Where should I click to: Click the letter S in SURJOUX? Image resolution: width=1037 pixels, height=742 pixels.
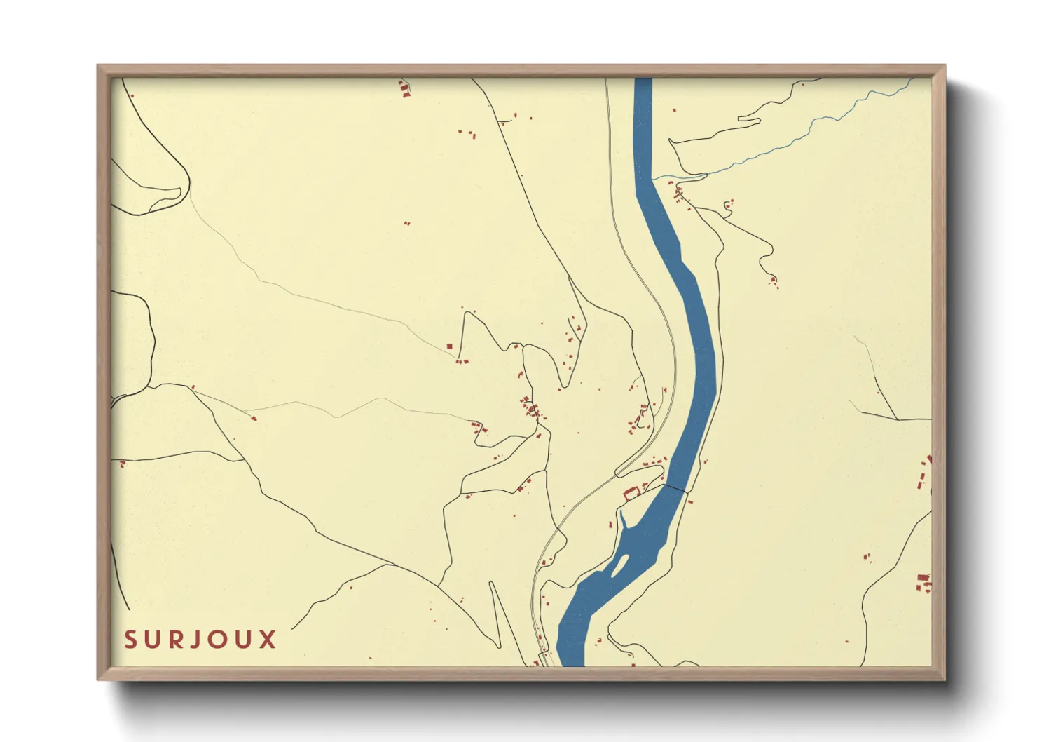[130, 640]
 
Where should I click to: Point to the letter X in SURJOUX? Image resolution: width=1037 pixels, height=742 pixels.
[268, 640]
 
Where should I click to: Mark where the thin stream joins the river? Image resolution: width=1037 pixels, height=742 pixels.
[654, 178]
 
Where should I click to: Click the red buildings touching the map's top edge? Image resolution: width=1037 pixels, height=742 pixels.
[404, 88]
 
